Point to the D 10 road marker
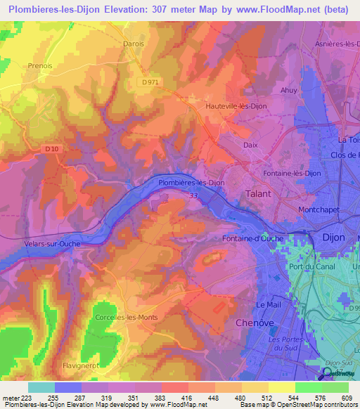pos(51,148)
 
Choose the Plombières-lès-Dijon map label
pos(191,182)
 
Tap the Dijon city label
pos(333,238)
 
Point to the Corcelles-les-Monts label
pos(126,318)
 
